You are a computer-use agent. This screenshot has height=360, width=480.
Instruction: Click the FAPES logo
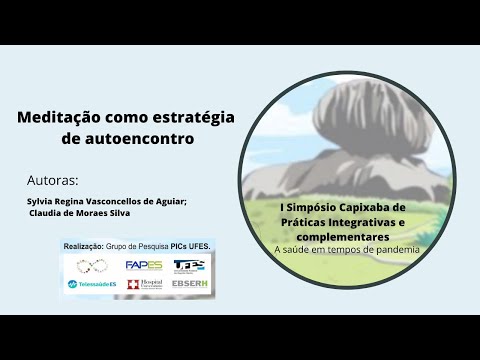click(144, 265)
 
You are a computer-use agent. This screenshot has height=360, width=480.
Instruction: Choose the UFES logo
click(190, 265)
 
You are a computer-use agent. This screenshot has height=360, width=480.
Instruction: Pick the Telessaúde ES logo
click(91, 285)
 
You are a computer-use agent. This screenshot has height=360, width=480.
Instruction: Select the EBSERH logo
click(190, 285)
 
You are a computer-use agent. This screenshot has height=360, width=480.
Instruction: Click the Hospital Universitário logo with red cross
click(144, 285)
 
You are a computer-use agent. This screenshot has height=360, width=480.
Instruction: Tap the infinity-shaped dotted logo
click(91, 265)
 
